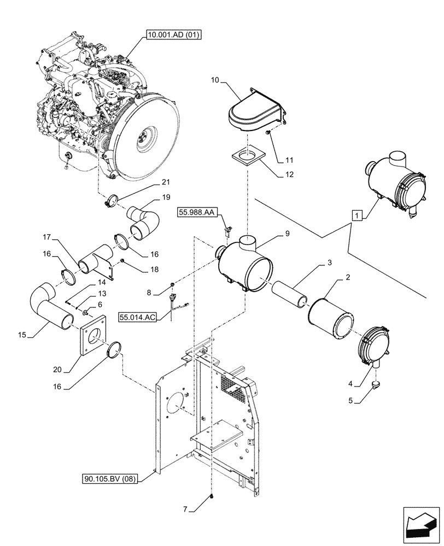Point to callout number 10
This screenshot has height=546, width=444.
pos(215,80)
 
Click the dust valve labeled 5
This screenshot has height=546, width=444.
pos(376,384)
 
